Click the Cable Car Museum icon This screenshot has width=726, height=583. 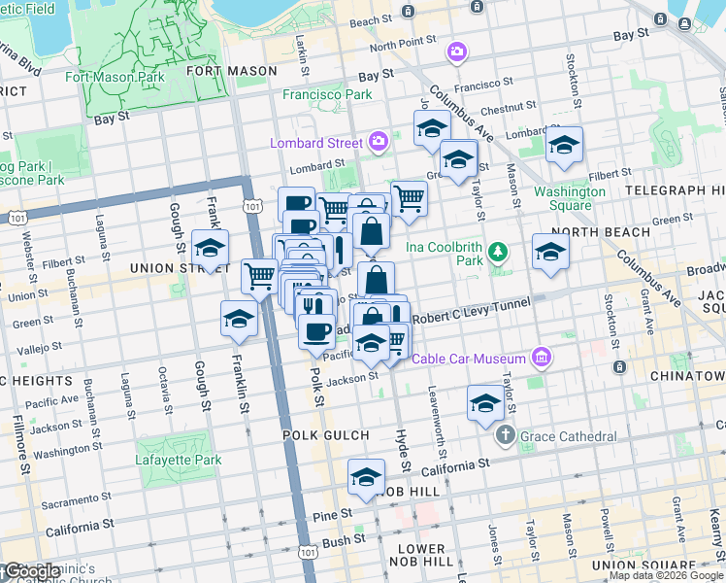542,359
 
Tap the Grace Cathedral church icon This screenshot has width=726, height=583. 505,435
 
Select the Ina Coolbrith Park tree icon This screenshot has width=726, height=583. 498,254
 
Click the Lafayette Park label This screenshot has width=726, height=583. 145,458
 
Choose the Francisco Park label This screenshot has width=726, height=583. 327,95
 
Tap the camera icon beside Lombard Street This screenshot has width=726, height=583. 379,143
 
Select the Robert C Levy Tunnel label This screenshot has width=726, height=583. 471,310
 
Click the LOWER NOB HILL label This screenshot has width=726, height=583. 421,555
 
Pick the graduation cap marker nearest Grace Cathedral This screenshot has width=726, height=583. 485,403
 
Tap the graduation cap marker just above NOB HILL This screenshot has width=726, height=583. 366,477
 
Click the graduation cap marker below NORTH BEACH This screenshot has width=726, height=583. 550,252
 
